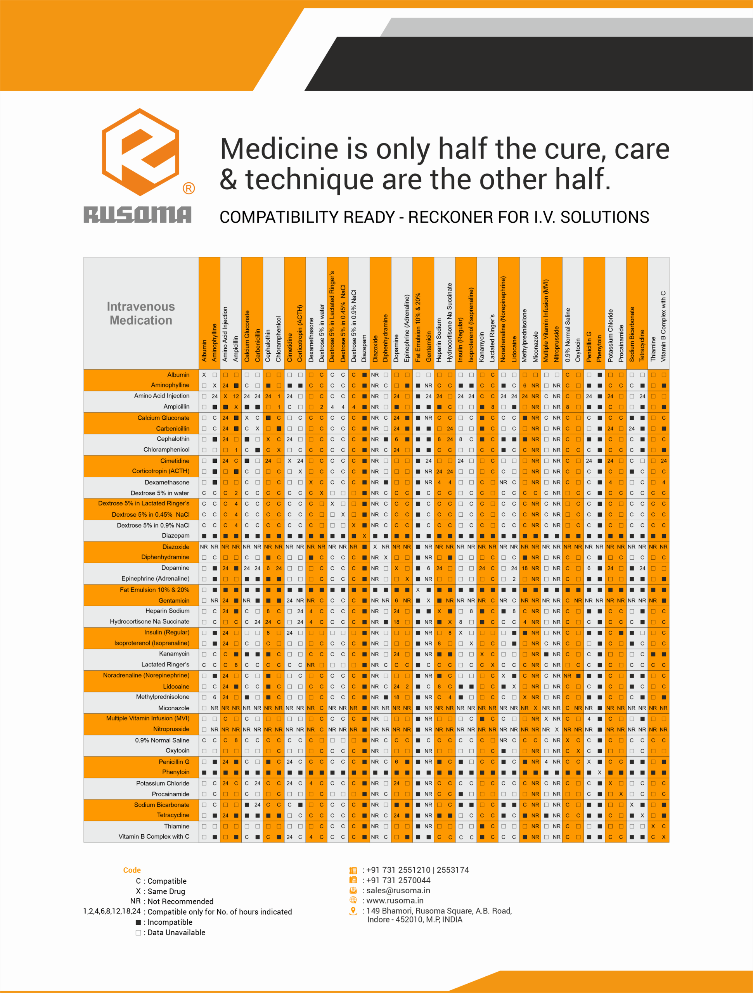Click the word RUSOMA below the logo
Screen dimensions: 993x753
click(137, 215)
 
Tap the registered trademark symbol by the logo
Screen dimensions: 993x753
click(189, 188)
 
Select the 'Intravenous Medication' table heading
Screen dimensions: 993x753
click(140, 313)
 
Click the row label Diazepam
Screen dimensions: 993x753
click(176, 536)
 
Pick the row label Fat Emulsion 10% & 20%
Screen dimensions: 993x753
click(154, 590)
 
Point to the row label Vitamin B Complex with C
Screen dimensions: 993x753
click(154, 836)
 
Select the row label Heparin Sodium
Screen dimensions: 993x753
click(167, 611)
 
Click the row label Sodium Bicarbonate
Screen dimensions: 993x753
click(162, 804)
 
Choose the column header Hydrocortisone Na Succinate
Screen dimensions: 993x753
click(450, 322)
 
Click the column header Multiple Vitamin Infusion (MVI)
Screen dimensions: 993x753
click(546, 320)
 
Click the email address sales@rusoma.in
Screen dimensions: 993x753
click(398, 890)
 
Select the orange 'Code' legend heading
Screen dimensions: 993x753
click(132, 870)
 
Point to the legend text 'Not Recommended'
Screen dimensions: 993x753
click(180, 901)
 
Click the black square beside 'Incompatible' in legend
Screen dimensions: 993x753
click(138, 922)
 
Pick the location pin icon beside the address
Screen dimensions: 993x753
click(353, 911)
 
